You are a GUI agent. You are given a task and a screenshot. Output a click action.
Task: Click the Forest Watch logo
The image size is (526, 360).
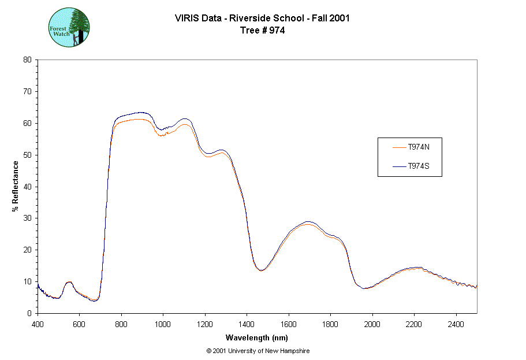click(69, 27)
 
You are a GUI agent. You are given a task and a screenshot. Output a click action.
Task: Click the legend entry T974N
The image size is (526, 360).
click(418, 147)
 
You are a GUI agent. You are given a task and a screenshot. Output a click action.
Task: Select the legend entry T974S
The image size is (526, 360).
click(418, 166)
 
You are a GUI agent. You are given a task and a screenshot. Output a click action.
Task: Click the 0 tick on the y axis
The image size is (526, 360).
click(30, 313)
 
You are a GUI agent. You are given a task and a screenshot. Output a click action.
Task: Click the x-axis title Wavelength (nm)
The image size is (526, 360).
click(257, 338)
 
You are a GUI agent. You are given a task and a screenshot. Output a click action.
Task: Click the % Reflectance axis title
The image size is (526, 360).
click(16, 186)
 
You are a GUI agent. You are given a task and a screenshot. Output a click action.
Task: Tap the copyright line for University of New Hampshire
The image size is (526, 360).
click(257, 351)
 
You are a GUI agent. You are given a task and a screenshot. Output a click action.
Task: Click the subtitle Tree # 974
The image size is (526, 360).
click(262, 31)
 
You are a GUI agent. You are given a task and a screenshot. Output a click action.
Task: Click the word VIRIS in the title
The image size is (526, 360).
click(187, 18)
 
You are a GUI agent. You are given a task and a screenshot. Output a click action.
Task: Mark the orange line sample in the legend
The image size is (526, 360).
click(398, 147)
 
